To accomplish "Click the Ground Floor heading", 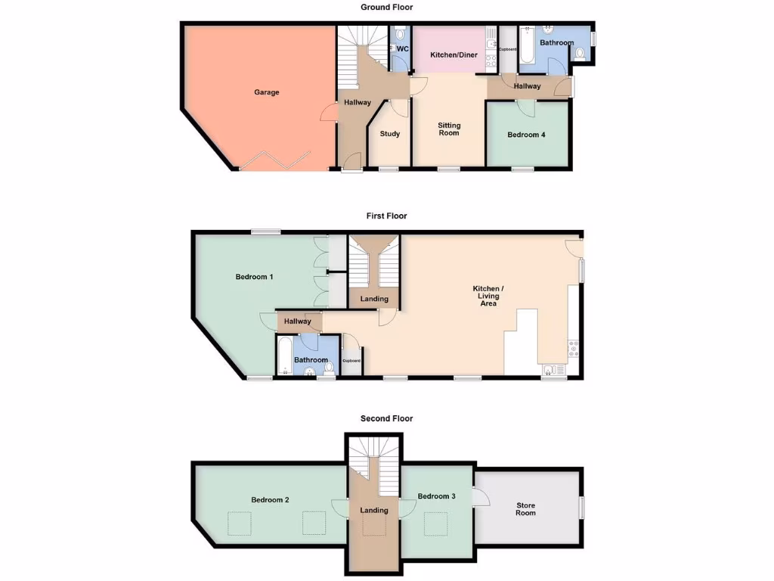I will (385, 8).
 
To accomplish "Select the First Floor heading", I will (386, 216).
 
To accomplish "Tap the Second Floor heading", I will (386, 418).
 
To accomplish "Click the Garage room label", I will (266, 92).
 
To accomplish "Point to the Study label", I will (390, 134).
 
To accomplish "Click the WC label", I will (403, 49).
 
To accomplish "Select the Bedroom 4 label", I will (526, 135).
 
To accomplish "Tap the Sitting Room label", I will (449, 129).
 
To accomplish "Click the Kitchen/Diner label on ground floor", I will (454, 55).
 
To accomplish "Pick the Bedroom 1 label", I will (254, 277).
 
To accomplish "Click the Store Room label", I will (525, 508).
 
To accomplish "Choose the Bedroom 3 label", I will (436, 496).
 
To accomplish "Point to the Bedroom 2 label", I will (271, 500).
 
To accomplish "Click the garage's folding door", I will (275, 161).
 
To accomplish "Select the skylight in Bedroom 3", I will (435, 522).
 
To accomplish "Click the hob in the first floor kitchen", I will (572, 349).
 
